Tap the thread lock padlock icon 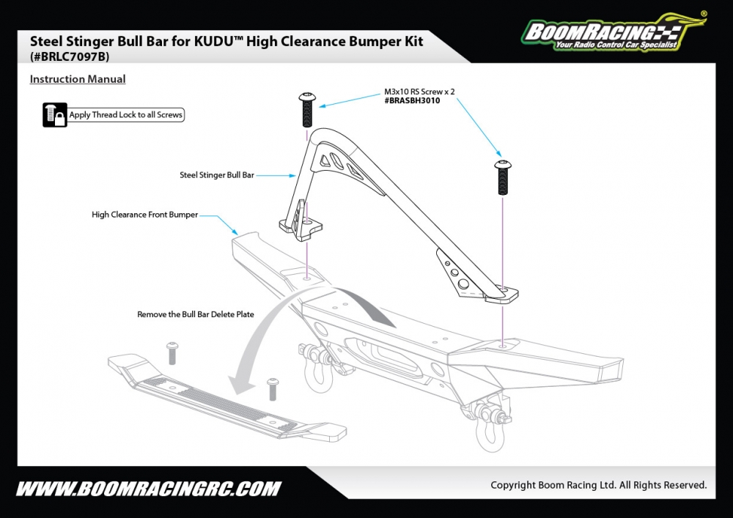coord(55,115)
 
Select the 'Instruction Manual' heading coord(78,79)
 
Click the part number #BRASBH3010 coord(412,100)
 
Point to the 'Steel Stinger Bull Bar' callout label coord(217,175)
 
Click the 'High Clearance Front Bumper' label coord(144,215)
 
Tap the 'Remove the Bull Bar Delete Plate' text coord(196,314)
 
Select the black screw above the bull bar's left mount coord(307,108)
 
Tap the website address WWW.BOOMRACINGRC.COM coord(148,488)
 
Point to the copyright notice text coord(598,485)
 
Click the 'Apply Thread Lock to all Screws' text coord(125,115)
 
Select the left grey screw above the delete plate coord(173,352)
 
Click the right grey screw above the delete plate coord(273,388)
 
